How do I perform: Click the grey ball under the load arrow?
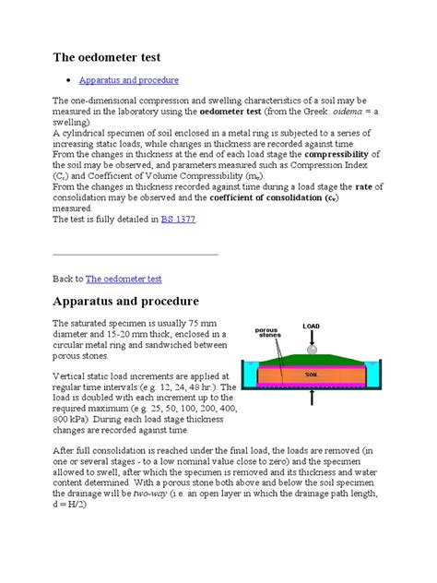[313, 350]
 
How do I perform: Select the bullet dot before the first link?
[71, 81]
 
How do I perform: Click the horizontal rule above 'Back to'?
[136, 254]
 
